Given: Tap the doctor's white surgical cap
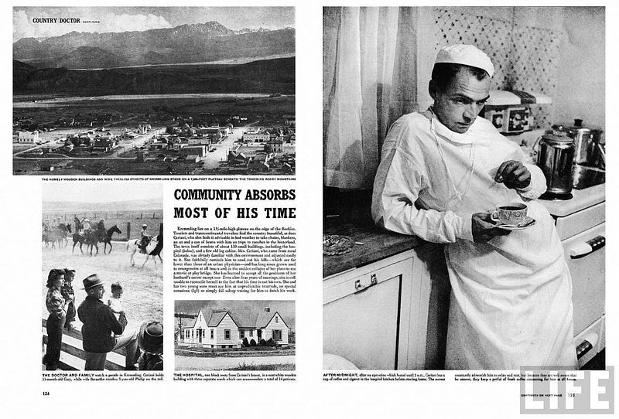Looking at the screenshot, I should (463, 59).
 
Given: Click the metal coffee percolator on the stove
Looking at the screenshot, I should (556, 162).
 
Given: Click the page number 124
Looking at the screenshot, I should (47, 393).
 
